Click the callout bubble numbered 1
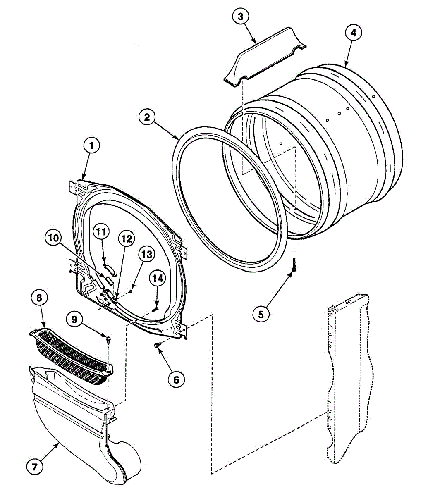pos(92,145)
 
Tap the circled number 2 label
pos(146,117)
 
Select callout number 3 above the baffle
pos(241,17)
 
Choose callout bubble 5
pos(261,314)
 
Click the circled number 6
pos(176,379)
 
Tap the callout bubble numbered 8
pos(39,298)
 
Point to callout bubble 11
pos(100,232)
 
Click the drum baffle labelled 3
pos(265,56)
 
